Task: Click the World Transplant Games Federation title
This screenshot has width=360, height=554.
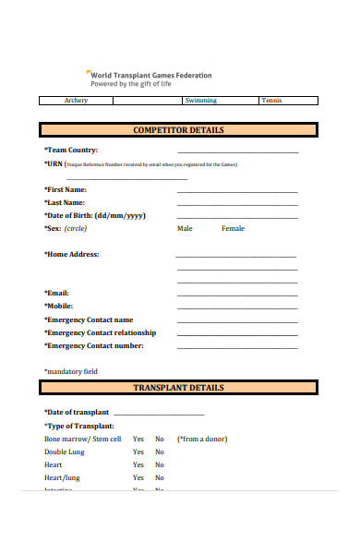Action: [150, 75]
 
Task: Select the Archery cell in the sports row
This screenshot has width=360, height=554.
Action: [77, 101]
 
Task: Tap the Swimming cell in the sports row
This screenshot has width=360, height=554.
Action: [200, 101]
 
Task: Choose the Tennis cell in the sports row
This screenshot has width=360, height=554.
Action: [272, 101]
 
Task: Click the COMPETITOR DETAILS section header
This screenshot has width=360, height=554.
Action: [178, 130]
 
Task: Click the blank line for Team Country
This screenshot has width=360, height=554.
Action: [237, 151]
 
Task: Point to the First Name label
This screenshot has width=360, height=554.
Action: [72, 188]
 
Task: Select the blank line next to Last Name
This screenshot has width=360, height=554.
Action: [237, 203]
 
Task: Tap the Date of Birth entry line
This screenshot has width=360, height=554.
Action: [237, 217]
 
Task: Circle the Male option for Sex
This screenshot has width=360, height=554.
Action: [185, 228]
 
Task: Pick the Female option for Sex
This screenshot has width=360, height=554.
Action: [233, 228]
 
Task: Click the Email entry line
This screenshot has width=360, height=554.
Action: [237, 294]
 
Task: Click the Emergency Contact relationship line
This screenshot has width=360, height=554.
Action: [237, 334]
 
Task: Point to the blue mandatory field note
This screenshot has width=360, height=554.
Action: [71, 371]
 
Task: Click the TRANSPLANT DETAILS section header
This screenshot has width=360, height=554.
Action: [178, 388]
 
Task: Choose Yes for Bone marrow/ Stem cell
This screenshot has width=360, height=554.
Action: [138, 440]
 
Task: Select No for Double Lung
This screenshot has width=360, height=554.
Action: [159, 452]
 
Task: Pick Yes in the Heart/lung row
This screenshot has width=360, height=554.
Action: [138, 478]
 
